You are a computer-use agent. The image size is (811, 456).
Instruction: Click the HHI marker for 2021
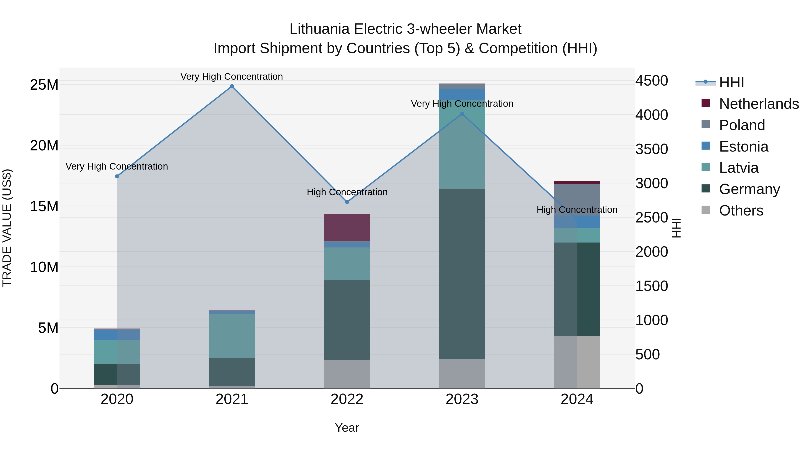pos(232,86)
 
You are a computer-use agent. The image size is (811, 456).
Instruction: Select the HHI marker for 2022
pos(347,202)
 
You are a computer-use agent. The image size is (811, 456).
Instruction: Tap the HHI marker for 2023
pos(462,114)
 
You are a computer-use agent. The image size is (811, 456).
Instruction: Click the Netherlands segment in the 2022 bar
pos(347,227)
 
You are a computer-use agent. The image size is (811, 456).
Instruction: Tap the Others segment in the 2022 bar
pos(347,374)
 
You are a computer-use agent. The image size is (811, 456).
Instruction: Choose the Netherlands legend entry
pos(759,104)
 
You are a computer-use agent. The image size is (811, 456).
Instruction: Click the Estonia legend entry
pos(743,147)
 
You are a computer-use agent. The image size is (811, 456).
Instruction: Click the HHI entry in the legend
pos(731,82)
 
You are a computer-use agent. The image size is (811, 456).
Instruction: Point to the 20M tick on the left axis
pos(44,146)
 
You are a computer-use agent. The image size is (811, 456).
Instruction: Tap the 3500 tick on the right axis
pos(651,149)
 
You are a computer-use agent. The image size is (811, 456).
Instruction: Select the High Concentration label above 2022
pos(347,192)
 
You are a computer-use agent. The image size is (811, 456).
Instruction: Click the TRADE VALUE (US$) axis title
pos(7,228)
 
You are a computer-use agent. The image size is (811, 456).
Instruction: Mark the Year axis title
pos(347,428)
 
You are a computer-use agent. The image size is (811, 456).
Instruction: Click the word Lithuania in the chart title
pos(319,29)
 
